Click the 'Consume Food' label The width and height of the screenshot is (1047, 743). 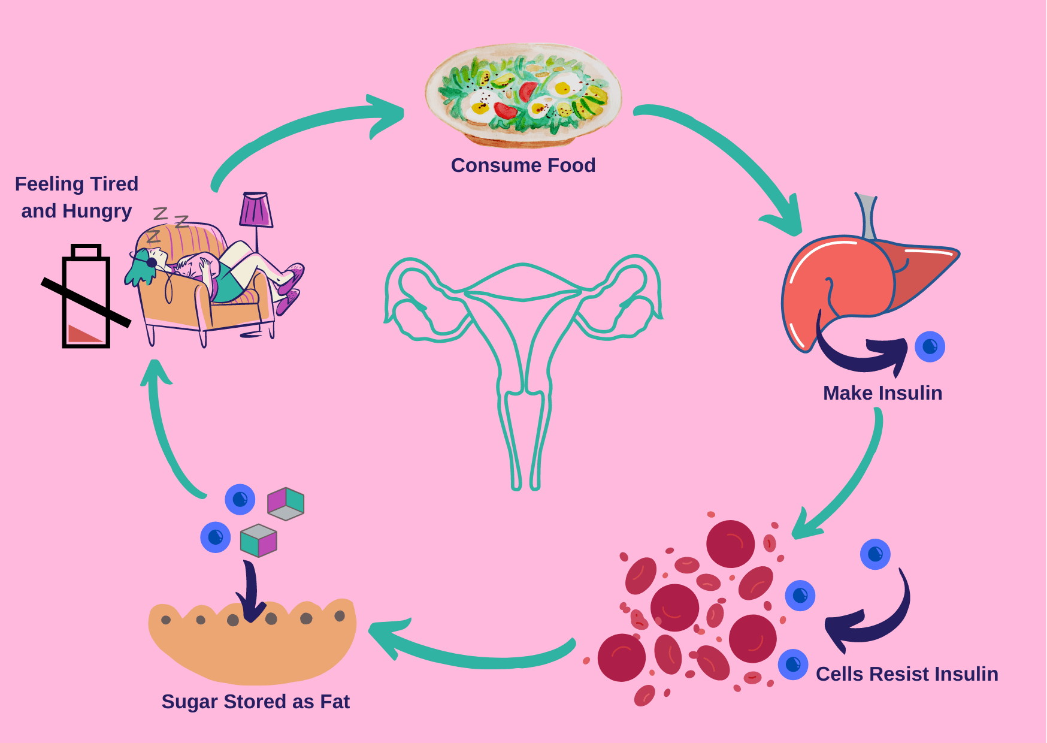click(x=523, y=165)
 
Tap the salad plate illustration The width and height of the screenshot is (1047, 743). click(x=523, y=94)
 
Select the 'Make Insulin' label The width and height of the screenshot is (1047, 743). click(x=882, y=393)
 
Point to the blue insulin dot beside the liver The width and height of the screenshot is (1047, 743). click(x=930, y=346)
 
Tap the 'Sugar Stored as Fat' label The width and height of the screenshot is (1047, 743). click(x=255, y=702)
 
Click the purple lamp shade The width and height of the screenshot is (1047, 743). click(x=256, y=210)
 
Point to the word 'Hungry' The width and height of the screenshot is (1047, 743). click(x=97, y=211)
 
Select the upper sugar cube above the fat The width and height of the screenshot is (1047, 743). click(x=286, y=503)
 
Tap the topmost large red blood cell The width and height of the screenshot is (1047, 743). click(x=730, y=543)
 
